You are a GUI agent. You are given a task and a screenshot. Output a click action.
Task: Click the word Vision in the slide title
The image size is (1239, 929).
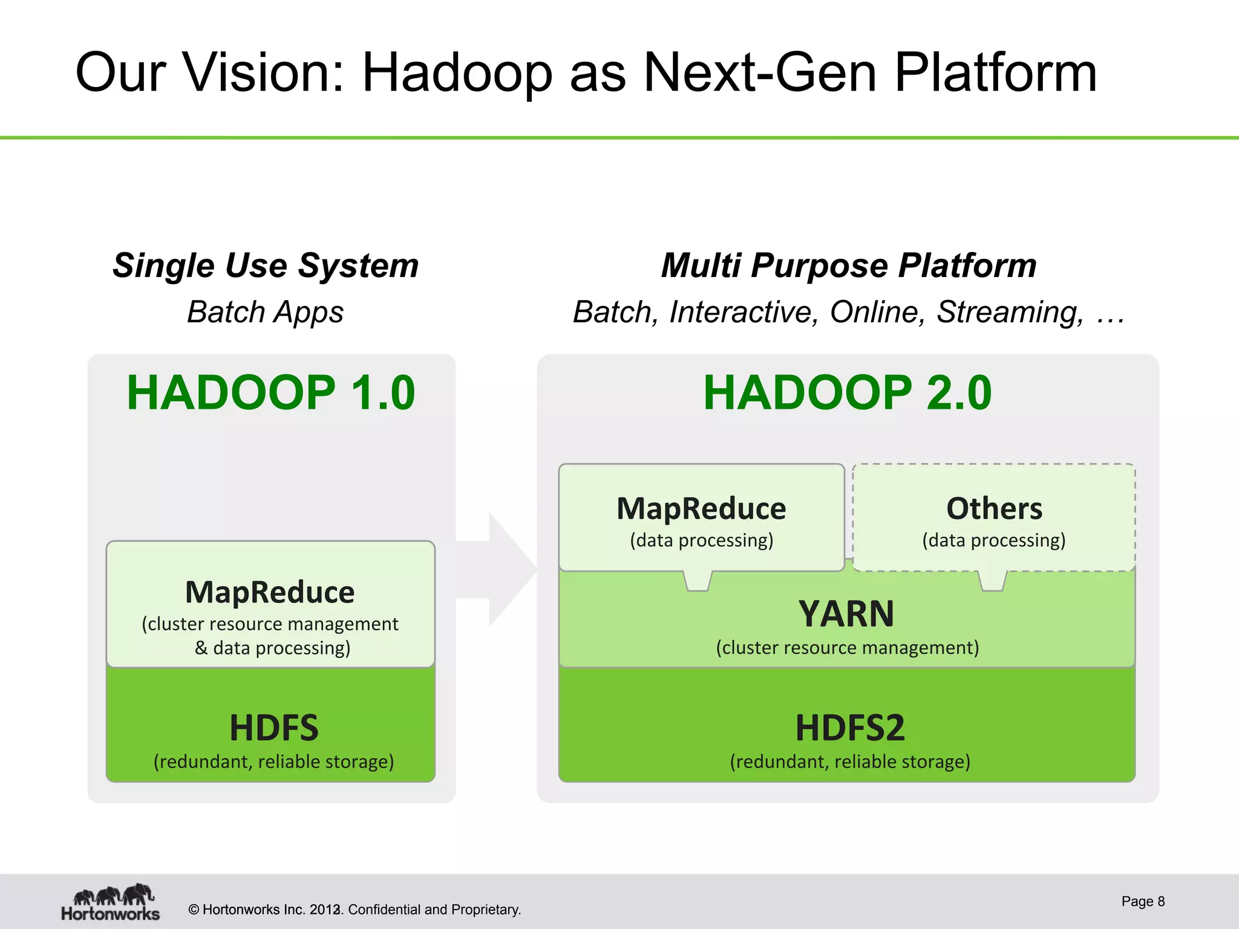pos(263,73)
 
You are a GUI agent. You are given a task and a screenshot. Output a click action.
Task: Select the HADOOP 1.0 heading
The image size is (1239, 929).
pos(270,393)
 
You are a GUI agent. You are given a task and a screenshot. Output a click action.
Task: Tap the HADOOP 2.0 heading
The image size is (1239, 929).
pos(847,393)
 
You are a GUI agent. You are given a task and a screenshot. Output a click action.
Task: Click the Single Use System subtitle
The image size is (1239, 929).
pos(266,266)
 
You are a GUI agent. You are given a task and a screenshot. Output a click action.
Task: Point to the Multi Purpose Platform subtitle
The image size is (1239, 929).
pos(848,266)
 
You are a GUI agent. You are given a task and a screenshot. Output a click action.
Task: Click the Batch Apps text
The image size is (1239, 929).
pos(265,312)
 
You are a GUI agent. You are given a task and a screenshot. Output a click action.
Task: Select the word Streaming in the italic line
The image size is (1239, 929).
pos(1010,312)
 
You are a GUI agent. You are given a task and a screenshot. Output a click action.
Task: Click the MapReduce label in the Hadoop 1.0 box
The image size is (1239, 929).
pos(270,592)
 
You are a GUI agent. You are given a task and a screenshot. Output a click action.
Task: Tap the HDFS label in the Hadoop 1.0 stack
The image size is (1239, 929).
pos(273,728)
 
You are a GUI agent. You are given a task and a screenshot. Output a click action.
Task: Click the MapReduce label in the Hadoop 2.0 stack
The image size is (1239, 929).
pos(701,509)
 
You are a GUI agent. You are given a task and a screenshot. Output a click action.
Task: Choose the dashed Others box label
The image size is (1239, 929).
pos(994,509)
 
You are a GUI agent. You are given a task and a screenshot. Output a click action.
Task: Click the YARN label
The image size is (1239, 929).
pos(846,614)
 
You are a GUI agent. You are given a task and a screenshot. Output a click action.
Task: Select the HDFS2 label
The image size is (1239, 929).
pos(849,728)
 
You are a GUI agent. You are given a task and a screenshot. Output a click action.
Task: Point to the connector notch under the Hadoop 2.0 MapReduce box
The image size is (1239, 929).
pos(698,581)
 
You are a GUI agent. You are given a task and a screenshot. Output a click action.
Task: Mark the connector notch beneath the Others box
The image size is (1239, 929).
pos(992,581)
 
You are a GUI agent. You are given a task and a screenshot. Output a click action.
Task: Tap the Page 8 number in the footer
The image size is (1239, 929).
pos(1142,901)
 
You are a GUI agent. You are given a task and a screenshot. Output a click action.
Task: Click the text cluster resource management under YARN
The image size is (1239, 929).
pos(847,648)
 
